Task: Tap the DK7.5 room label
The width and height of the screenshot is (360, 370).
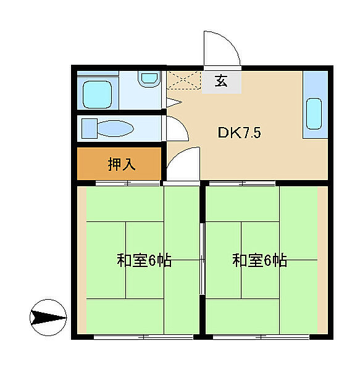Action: (234, 132)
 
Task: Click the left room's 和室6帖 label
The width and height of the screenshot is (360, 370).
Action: (144, 260)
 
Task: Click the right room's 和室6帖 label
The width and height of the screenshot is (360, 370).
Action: (259, 260)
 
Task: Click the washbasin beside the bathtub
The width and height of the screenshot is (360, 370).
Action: (149, 80)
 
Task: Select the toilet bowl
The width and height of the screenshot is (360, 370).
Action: (115, 128)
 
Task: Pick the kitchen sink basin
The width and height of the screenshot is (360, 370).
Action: (314, 115)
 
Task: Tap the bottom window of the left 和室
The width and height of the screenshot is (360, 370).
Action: (143, 337)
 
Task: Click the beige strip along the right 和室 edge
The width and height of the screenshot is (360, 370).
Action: (322, 259)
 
